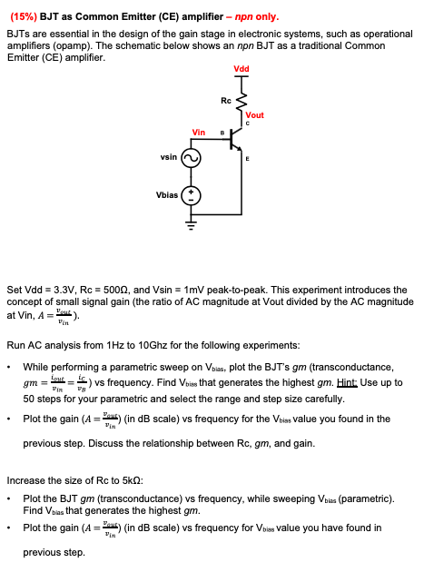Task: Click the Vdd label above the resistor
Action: [x=242, y=70]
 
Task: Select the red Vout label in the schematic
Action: [x=254, y=115]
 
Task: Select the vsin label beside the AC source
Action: [x=168, y=156]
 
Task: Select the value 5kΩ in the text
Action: [x=120, y=478]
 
